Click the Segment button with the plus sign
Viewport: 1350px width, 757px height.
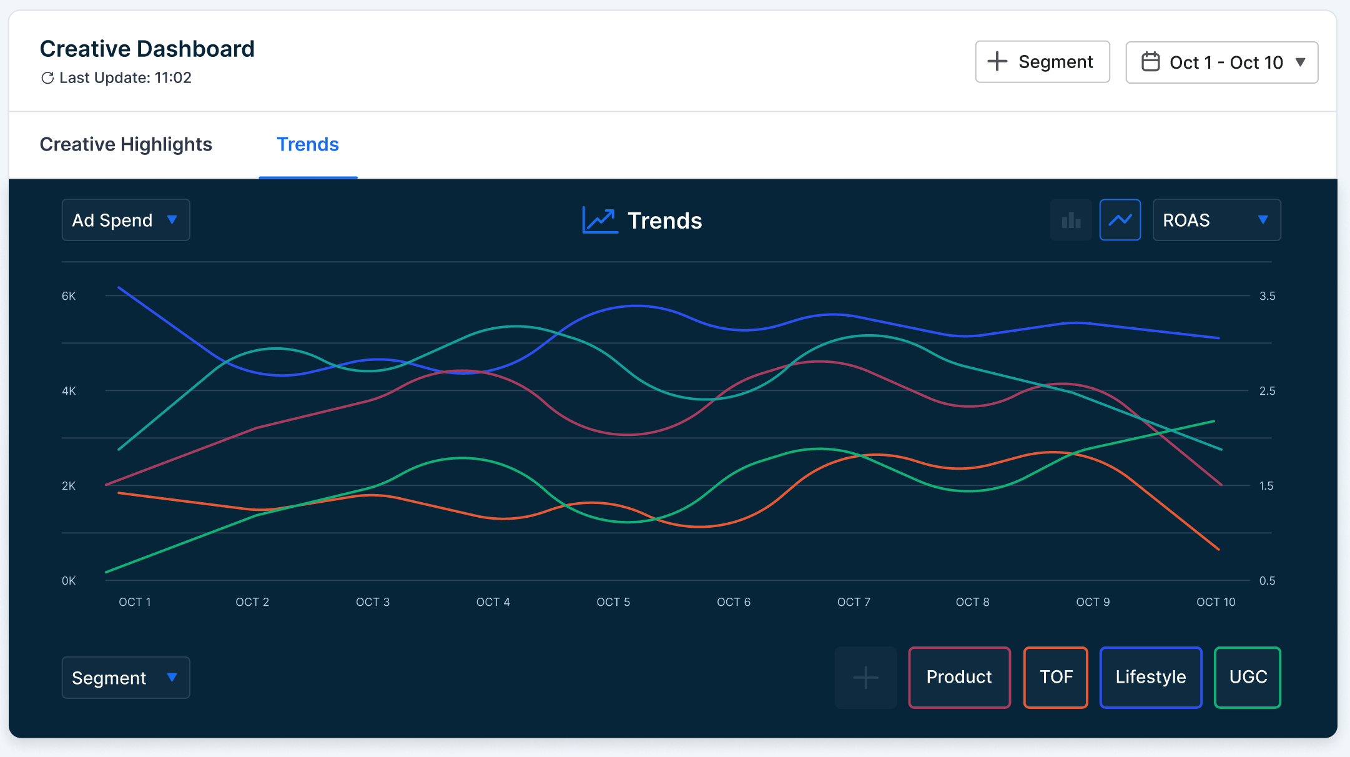(1042, 62)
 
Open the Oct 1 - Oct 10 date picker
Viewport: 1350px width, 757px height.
(1221, 62)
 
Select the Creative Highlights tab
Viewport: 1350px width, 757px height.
(126, 144)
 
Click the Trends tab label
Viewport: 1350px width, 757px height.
(308, 144)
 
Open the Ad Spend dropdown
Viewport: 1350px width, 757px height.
(126, 220)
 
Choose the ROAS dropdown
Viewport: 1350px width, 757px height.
(1216, 220)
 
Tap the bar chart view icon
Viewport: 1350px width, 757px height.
(1071, 220)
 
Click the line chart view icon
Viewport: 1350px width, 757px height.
(1120, 220)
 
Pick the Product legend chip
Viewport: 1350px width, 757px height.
(959, 677)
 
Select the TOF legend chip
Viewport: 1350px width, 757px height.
(1056, 677)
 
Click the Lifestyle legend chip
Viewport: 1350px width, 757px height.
(1151, 677)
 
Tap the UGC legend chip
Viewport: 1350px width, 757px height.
(1248, 677)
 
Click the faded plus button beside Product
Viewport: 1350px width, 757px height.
(865, 677)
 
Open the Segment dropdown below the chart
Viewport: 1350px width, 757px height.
(126, 678)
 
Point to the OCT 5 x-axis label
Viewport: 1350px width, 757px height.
(613, 602)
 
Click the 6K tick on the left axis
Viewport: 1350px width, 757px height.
(69, 296)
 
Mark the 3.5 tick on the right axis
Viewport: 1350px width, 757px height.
(1267, 296)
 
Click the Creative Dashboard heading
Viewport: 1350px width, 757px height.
(147, 49)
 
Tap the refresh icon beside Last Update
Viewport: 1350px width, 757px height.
(47, 78)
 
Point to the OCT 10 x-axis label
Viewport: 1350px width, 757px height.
(1216, 602)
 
